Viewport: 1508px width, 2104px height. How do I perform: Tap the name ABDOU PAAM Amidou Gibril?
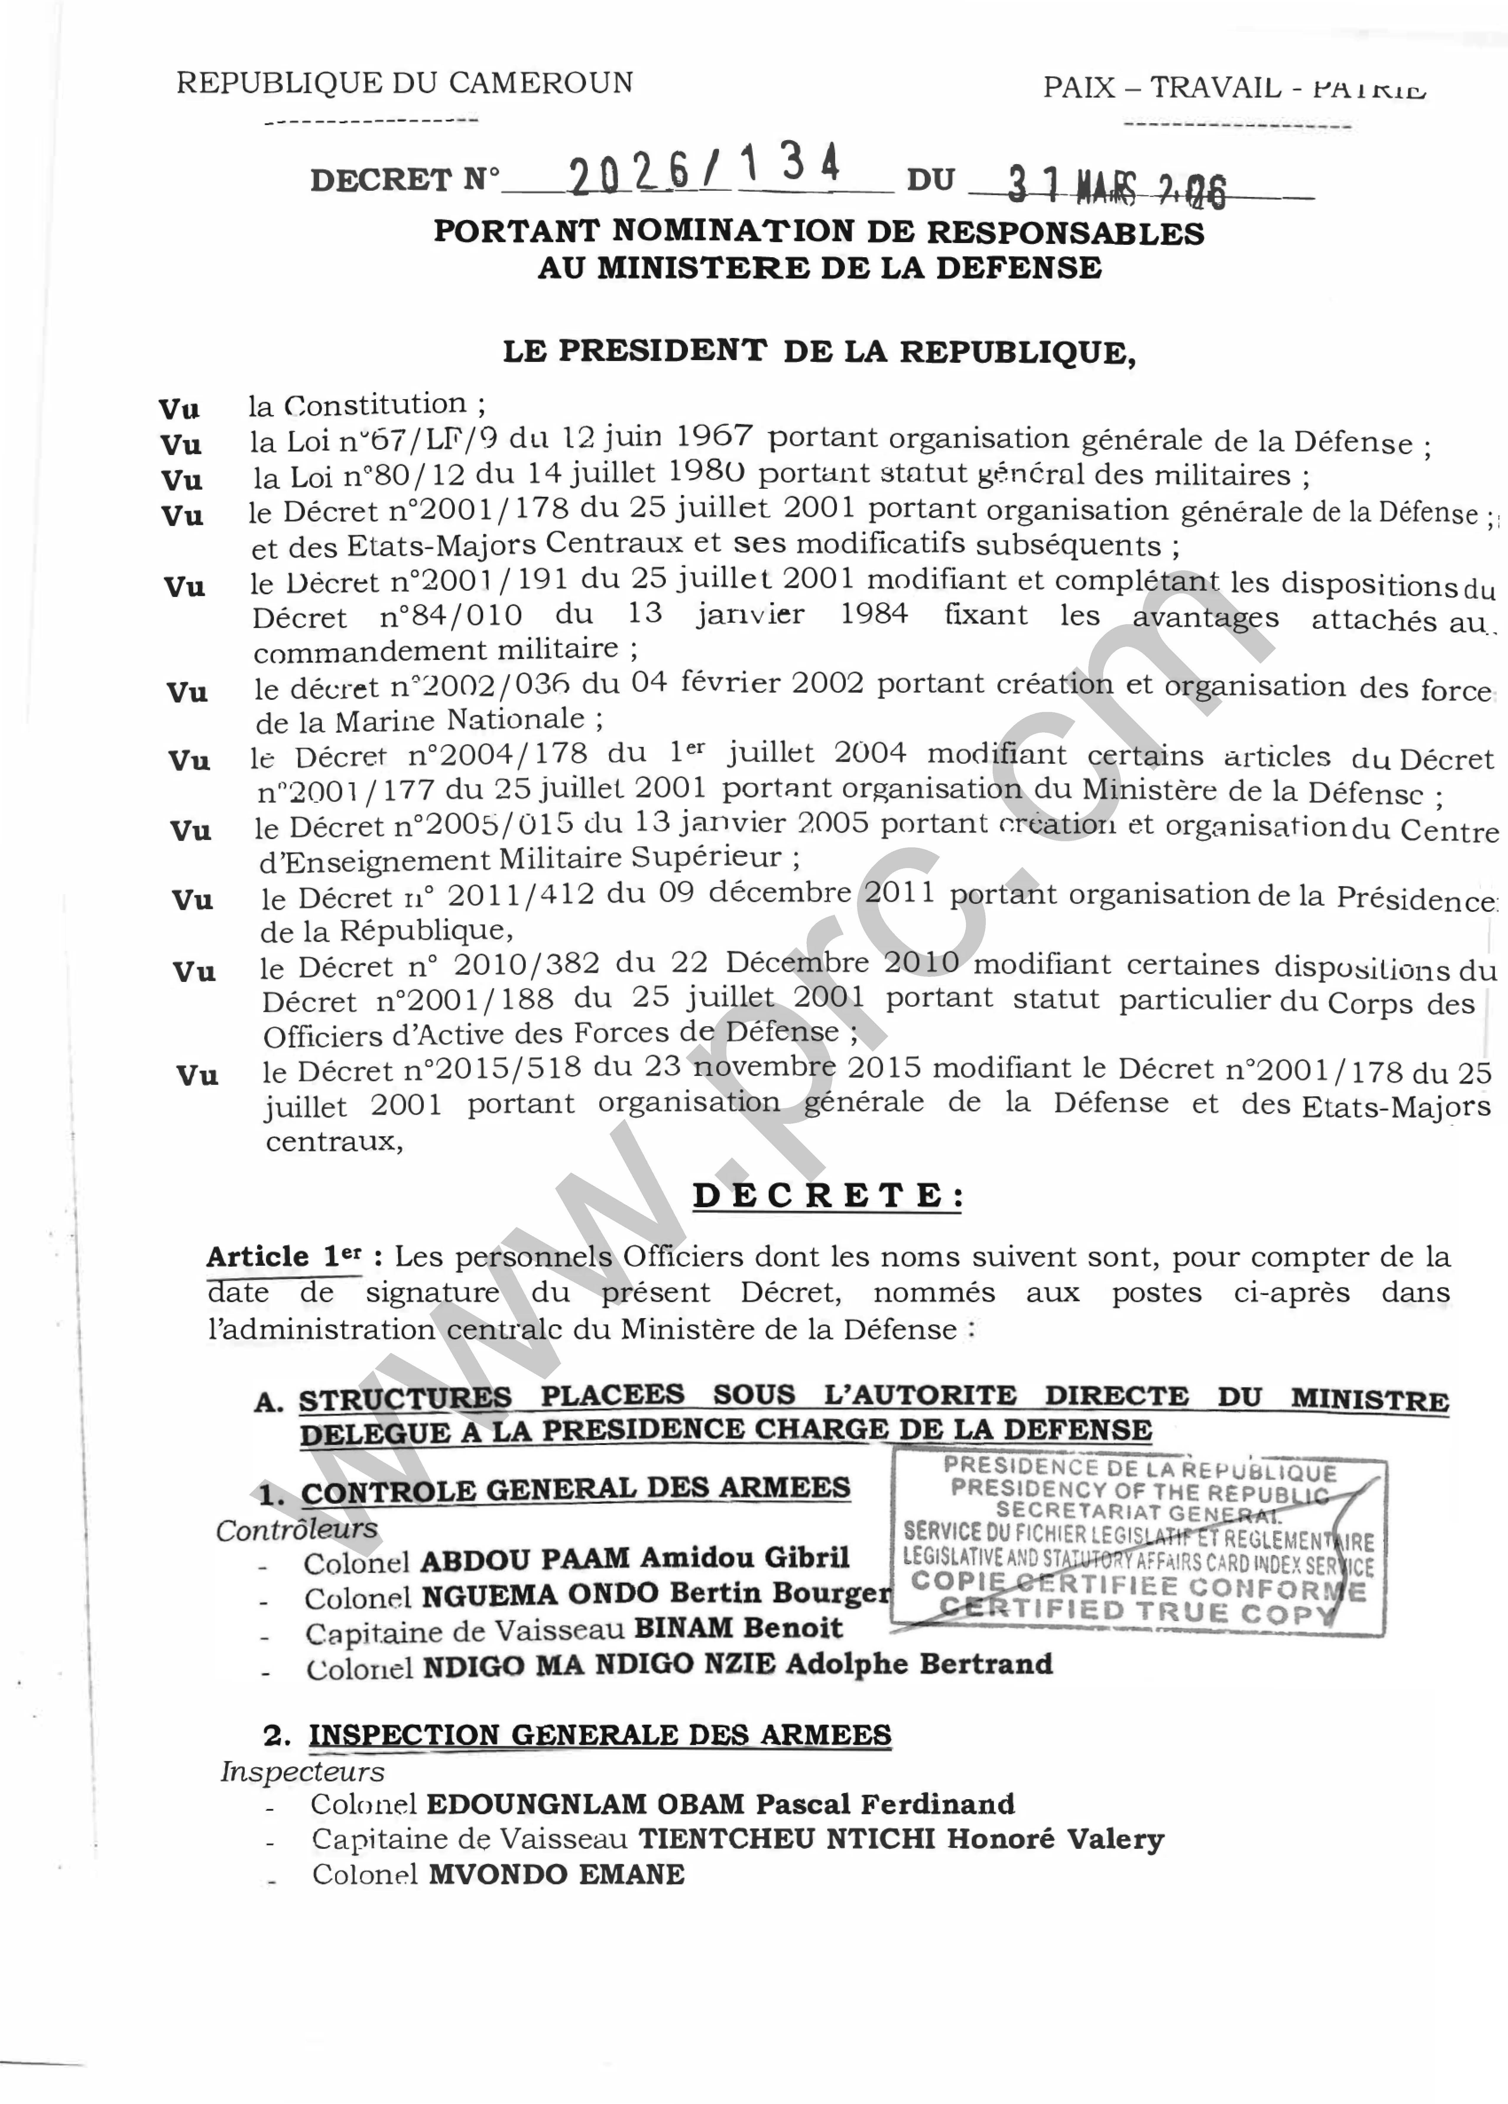tap(635, 1558)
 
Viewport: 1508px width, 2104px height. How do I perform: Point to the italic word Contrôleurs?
tap(297, 1529)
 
